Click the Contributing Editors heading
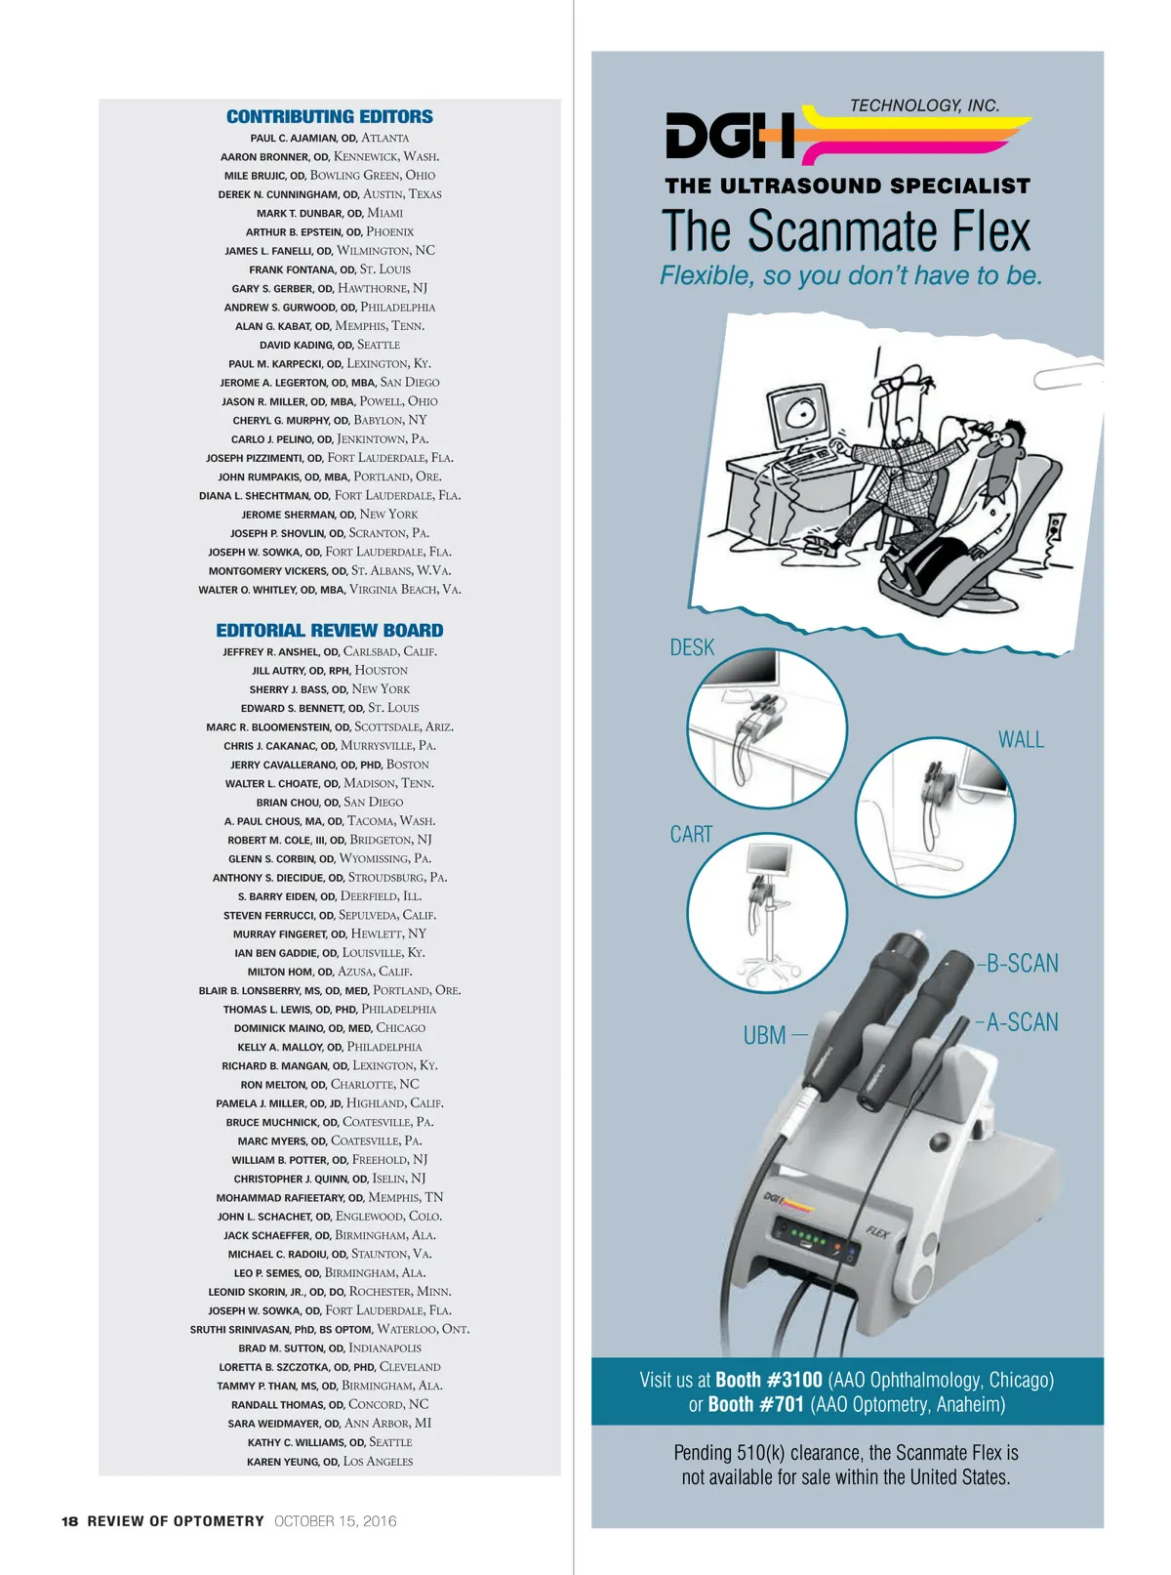point(329,116)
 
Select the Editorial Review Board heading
point(329,631)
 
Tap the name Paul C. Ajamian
point(294,139)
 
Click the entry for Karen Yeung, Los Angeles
point(329,1462)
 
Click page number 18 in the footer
point(69,1521)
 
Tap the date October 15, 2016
point(335,1521)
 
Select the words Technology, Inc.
point(924,105)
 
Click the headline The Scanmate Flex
point(845,230)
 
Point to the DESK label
point(692,647)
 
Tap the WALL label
point(1021,739)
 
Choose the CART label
point(691,834)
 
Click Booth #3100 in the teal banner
point(769,1380)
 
